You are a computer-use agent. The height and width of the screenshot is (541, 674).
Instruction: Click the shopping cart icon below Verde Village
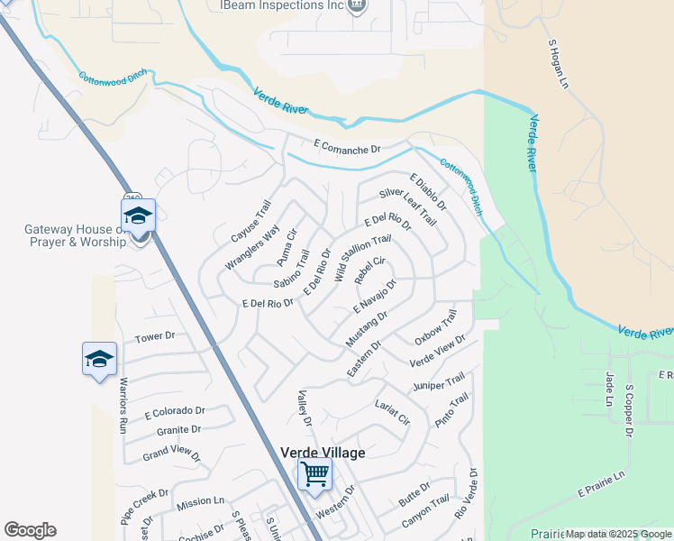point(314,473)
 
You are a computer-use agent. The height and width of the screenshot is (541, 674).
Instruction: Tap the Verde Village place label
point(323,453)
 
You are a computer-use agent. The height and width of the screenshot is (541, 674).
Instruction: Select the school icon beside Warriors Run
point(99,360)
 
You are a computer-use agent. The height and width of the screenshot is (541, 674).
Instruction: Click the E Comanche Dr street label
point(348,146)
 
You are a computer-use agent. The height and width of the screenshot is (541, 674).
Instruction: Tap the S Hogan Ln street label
point(560,63)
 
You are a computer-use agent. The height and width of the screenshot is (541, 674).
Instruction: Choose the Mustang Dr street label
point(366,329)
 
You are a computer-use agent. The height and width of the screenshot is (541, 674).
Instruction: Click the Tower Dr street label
point(154,337)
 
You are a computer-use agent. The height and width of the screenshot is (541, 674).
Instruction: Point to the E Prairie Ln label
point(600,485)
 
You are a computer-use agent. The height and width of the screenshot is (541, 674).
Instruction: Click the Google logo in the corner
point(30,530)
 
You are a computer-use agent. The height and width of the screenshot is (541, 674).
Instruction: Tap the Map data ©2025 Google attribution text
point(619,534)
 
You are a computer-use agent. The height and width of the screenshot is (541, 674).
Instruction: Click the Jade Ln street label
point(610,389)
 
